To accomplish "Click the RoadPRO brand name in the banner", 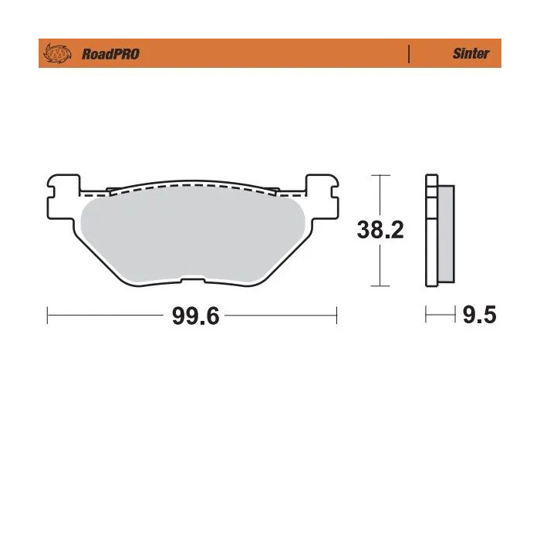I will [x=110, y=55].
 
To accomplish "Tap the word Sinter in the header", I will [x=471, y=55].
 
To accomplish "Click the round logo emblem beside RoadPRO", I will [x=59, y=54].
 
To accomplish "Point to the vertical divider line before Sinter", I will [x=408, y=55].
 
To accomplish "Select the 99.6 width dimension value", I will [x=195, y=316].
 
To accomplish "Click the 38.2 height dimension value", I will [x=380, y=230].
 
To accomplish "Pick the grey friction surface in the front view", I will [x=193, y=235].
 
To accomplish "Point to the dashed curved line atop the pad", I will [x=193, y=187].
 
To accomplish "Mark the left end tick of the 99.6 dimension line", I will [x=49, y=316].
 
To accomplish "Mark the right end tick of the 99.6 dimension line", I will [x=337, y=316].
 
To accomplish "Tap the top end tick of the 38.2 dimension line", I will [x=379, y=176].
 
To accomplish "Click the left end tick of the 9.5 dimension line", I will [x=426, y=316].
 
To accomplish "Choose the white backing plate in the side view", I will [x=431, y=231].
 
